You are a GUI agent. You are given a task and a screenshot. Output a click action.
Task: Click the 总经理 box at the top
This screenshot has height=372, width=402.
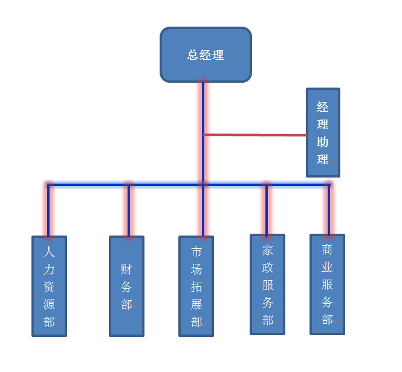tap(206, 54)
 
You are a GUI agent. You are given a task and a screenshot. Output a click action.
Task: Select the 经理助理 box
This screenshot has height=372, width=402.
tap(323, 133)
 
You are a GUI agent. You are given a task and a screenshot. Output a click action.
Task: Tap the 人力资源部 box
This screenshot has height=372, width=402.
tap(49, 286)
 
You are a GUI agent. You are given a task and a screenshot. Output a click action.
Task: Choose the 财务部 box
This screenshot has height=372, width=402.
tap(126, 286)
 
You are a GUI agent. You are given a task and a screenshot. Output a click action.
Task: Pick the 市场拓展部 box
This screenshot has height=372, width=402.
tap(196, 286)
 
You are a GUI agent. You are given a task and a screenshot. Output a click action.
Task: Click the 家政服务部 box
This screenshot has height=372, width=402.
tap(267, 284)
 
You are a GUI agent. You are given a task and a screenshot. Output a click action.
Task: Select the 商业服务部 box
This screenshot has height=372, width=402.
tap(327, 284)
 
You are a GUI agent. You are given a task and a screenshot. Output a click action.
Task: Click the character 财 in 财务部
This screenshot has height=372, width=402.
tap(126, 269)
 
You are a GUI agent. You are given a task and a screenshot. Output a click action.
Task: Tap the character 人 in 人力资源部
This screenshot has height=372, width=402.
tap(49, 252)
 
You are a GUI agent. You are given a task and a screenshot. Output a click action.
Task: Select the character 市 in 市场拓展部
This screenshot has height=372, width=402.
tap(196, 252)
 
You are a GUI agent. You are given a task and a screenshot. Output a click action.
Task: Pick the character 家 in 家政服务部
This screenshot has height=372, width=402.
tap(267, 249)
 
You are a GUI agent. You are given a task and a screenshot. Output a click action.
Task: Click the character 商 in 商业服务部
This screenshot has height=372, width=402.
tap(327, 249)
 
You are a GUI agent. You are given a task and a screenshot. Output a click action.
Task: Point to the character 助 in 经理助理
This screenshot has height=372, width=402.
tap(323, 143)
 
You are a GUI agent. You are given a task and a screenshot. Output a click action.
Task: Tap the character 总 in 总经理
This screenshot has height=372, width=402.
tap(193, 55)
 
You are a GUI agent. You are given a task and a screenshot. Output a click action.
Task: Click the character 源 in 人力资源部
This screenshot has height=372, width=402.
tap(49, 304)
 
